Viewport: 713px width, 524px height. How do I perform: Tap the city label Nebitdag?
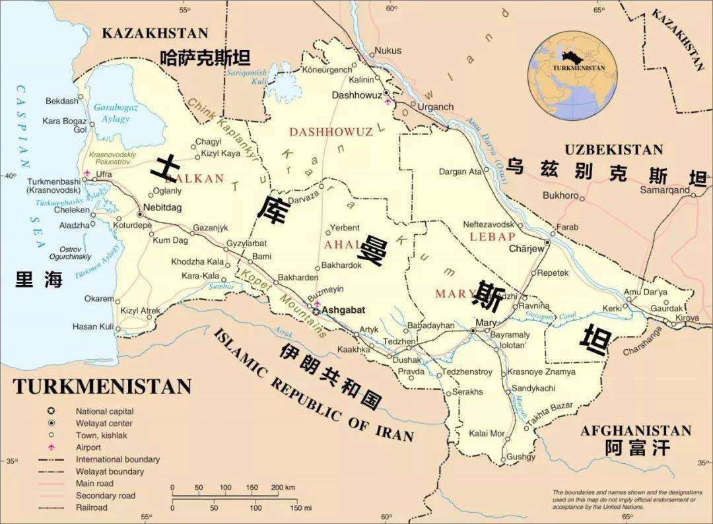[x=162, y=207]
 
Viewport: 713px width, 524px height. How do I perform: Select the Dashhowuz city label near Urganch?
[x=356, y=95]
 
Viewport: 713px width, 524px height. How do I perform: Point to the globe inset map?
[x=573, y=76]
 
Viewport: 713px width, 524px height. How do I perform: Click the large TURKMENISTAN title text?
[x=102, y=386]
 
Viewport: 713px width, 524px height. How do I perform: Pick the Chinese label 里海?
[x=39, y=280]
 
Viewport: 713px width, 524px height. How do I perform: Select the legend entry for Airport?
[x=89, y=447]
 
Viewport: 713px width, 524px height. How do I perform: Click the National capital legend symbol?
[x=51, y=411]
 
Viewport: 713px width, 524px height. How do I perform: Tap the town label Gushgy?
[x=521, y=457]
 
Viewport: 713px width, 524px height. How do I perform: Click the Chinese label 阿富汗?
[x=637, y=449]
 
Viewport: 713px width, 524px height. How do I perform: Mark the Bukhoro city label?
[x=560, y=195]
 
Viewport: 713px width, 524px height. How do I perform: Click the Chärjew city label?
[x=526, y=249]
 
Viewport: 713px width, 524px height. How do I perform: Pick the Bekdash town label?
[x=61, y=101]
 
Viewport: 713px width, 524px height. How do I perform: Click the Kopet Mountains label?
[x=285, y=303]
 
